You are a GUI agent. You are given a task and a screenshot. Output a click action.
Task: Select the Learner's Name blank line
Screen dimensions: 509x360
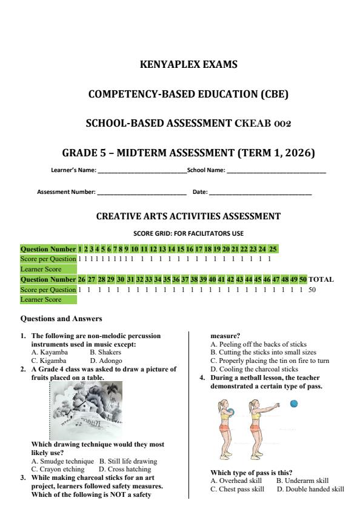pos(142,171)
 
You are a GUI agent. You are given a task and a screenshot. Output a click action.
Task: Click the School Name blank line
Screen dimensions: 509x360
pos(276,171)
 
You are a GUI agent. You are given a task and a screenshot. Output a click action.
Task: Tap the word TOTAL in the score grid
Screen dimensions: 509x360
pos(321,279)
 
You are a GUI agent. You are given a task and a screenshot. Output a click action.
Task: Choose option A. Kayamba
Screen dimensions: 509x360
pos(50,351)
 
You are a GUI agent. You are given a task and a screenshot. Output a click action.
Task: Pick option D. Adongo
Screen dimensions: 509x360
pos(106,359)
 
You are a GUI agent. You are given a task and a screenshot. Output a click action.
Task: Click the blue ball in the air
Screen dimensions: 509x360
pos(294,404)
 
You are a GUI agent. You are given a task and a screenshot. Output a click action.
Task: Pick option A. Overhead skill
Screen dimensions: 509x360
pos(234,481)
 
